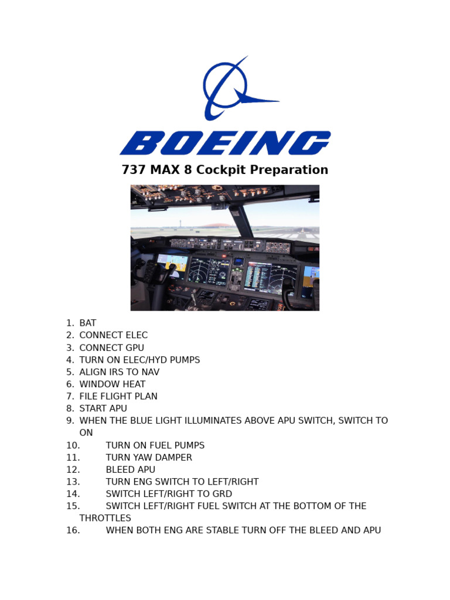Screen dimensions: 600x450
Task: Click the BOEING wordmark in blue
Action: tap(225, 143)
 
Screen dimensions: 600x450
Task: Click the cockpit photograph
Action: tap(224, 248)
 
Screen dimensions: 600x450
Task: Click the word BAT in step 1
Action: tap(88, 323)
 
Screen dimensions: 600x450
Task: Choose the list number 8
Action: tap(70, 408)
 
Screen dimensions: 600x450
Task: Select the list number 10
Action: tap(73, 445)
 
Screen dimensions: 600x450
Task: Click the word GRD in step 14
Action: tap(222, 494)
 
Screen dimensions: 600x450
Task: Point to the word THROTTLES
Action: tap(105, 518)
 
